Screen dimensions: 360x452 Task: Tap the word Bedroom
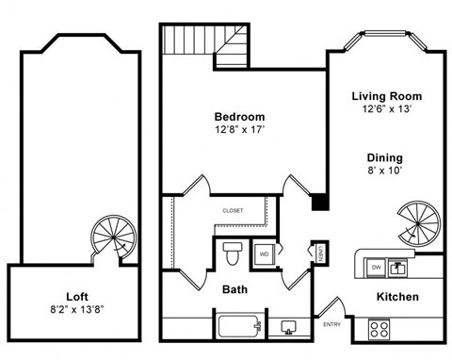click(239, 117)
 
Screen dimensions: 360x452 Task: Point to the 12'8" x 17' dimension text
click(239, 131)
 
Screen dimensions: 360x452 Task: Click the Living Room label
click(386, 96)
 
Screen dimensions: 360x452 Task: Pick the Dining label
click(385, 157)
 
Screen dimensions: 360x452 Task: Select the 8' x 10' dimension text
click(385, 172)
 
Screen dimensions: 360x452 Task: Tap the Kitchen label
click(396, 298)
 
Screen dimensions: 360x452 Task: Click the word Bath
click(234, 290)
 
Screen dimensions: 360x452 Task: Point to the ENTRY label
click(332, 325)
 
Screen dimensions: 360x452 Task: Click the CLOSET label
click(233, 210)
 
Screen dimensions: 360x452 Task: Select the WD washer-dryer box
click(265, 254)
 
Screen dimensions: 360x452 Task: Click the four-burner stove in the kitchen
click(379, 329)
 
